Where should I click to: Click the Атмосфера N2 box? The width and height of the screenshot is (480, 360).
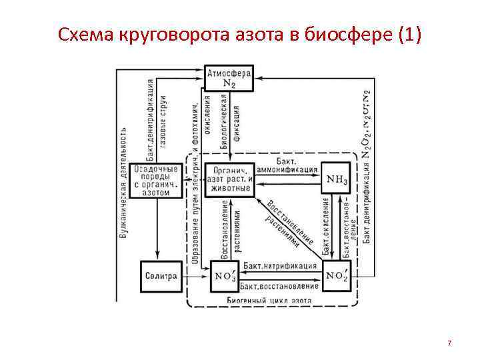(228, 77)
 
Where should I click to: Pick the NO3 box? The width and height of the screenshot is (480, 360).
(223, 276)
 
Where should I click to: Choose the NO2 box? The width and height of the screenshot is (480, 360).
(339, 276)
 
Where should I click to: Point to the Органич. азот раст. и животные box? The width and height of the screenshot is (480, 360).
(229, 179)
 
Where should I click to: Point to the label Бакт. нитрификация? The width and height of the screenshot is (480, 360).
(279, 265)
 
